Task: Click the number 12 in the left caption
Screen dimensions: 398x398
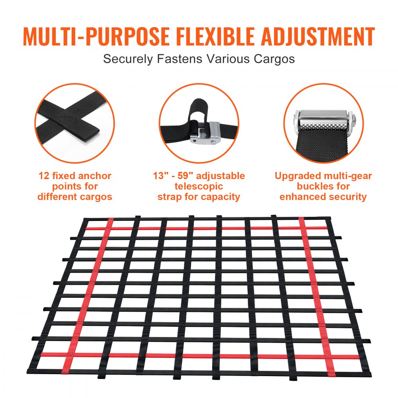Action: coord(45,176)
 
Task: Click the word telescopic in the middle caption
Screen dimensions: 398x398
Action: coord(199,186)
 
